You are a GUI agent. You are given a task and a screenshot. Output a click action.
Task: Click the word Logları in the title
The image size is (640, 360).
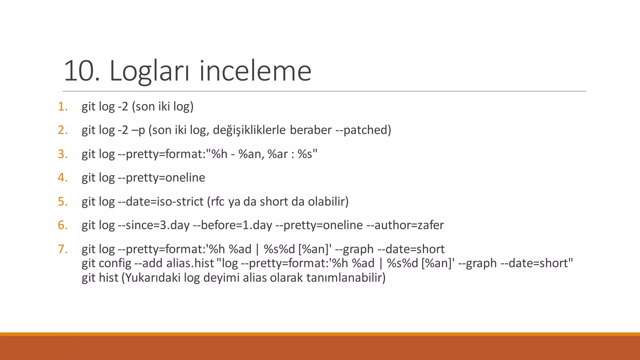click(149, 71)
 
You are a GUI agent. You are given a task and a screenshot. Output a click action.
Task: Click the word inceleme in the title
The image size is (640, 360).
click(255, 71)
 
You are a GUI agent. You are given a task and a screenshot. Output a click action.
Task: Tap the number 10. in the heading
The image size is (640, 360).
click(82, 71)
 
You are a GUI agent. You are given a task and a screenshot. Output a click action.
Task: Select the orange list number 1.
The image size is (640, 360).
click(63, 107)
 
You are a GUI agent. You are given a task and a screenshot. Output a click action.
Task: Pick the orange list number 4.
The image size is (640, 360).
click(63, 177)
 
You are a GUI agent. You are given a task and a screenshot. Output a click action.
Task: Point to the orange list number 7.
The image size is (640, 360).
click(63, 249)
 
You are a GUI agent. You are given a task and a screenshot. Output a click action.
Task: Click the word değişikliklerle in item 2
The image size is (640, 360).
click(249, 130)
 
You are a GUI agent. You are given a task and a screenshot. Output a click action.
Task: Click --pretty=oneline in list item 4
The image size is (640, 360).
click(162, 177)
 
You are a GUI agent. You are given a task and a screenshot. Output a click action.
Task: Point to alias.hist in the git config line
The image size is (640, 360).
click(190, 263)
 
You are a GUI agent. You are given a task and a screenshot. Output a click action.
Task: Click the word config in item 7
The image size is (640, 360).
click(115, 263)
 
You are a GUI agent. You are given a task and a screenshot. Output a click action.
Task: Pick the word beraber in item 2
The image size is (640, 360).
click(311, 130)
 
